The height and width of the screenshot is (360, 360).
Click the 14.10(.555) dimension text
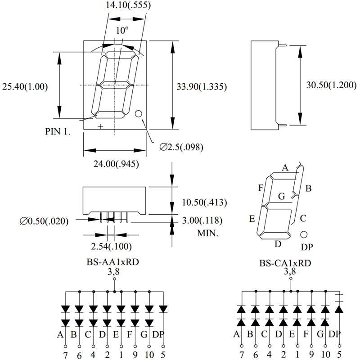128,6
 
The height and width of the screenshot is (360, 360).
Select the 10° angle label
122,31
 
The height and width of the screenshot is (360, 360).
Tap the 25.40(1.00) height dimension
25,86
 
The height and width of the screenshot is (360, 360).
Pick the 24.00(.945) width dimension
116,164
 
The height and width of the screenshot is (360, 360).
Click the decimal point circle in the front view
139,114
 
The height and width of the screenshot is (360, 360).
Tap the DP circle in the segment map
304,234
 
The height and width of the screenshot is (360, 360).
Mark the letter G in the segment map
282,196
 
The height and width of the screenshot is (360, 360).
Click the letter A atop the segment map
284,168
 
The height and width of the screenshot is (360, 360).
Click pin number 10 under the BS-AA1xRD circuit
149,355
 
